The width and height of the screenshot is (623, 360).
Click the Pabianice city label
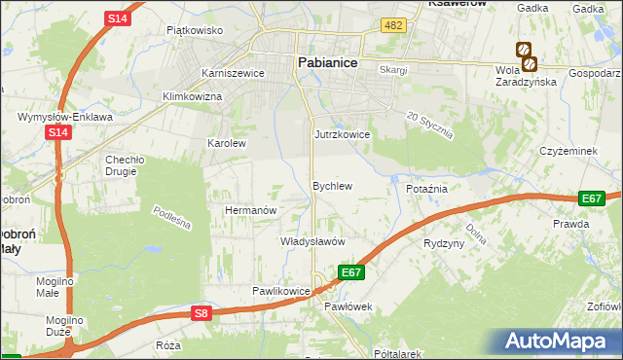click(326, 62)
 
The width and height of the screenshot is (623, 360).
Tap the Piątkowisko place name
click(195, 30)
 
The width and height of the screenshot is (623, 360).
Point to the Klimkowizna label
click(193, 96)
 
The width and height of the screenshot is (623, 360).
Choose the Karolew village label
click(227, 142)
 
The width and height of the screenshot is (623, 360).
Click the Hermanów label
click(252, 209)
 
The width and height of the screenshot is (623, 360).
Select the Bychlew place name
click(331, 185)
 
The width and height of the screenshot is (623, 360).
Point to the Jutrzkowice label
click(342, 134)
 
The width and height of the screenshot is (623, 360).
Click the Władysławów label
click(313, 240)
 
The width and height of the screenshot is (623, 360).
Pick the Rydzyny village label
click(444, 243)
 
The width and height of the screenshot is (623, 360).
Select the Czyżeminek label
click(568, 151)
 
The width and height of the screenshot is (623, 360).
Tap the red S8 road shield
click(201, 312)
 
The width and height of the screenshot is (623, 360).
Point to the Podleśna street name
click(172, 217)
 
